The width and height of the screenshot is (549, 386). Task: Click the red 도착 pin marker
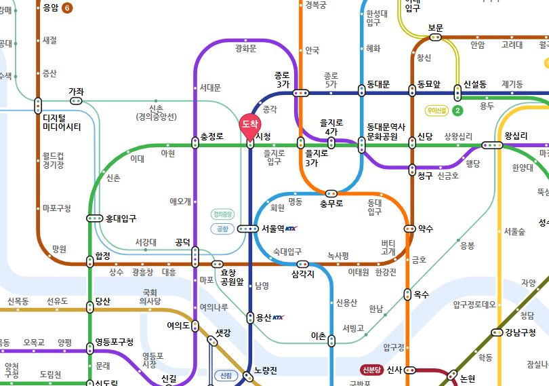pyautogui.click(x=249, y=125)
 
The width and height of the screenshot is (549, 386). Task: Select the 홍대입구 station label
pyautogui.click(x=121, y=218)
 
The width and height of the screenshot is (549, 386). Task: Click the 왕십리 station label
pyautogui.click(x=516, y=136)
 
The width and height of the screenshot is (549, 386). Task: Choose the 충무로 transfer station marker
pyautogui.click(x=331, y=193)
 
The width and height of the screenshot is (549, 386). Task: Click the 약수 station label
pyautogui.click(x=426, y=229)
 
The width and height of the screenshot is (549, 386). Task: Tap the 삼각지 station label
pyautogui.click(x=304, y=274)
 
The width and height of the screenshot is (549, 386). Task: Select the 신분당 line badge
pyautogui.click(x=373, y=370)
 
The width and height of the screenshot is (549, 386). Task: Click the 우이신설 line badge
pyautogui.click(x=435, y=110)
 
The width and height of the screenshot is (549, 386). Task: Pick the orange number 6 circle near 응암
pyautogui.click(x=66, y=8)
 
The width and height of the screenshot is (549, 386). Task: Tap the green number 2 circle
pyautogui.click(x=457, y=110)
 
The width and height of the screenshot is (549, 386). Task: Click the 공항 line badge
pyautogui.click(x=223, y=229)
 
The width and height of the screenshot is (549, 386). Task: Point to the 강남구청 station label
pyautogui.click(x=520, y=332)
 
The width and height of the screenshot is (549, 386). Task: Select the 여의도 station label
pyautogui.click(x=178, y=325)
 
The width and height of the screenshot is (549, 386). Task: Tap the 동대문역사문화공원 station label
pyautogui.click(x=386, y=131)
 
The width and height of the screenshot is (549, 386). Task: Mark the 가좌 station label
pyautogui.click(x=76, y=92)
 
